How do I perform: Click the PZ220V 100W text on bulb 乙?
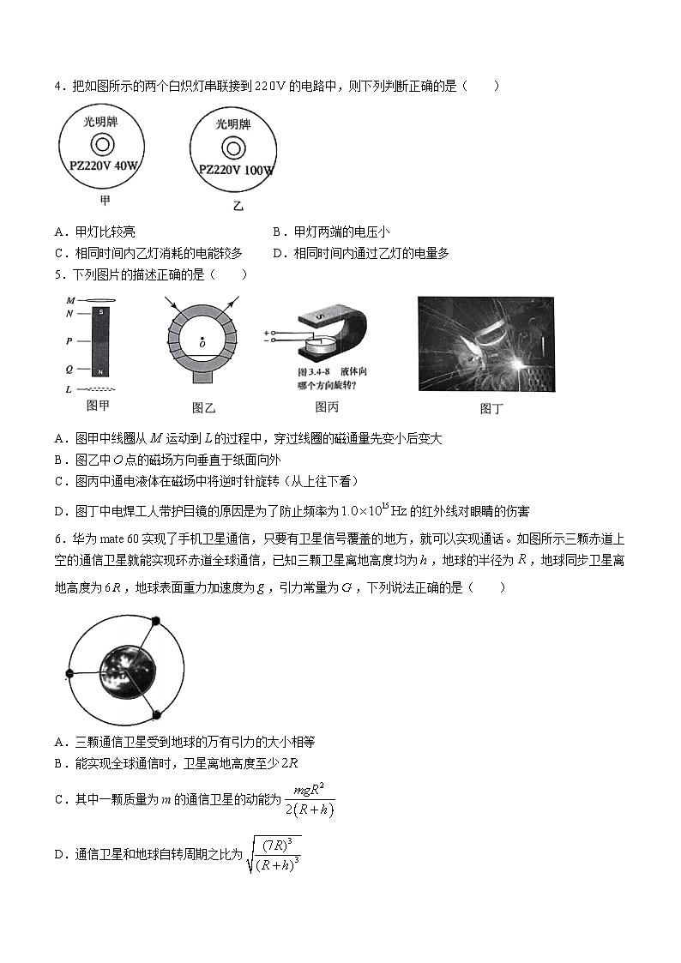coord(236,170)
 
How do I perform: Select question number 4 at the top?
coord(57,86)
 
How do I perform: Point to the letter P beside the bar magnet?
coord(69,340)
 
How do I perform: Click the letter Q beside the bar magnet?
coord(69,370)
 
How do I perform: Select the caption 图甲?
coord(99,406)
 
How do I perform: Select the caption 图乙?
coord(203,408)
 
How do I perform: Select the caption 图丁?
coord(491,409)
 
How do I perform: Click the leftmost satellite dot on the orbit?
coord(70,673)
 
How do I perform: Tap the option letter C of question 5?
coord(59,481)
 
